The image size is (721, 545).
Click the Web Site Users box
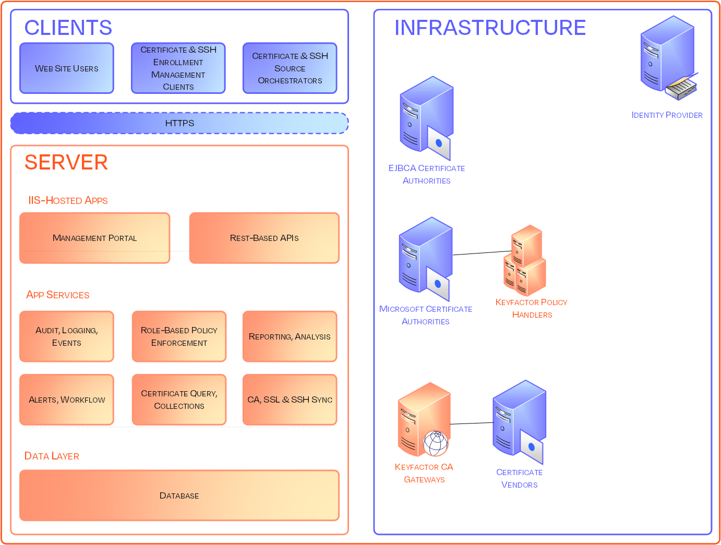(x=67, y=68)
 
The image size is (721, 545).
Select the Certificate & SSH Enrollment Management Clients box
(x=178, y=68)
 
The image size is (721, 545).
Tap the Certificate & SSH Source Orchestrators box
(x=290, y=68)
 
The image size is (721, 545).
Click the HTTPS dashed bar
(x=179, y=123)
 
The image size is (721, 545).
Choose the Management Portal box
(x=95, y=238)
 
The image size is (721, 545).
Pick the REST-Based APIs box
(x=265, y=238)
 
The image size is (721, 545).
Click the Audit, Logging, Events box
(x=67, y=336)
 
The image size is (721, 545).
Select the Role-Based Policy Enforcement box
(x=179, y=336)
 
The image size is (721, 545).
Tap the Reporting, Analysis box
(x=290, y=336)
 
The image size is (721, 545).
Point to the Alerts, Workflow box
(x=67, y=399)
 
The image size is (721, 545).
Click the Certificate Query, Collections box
(x=179, y=399)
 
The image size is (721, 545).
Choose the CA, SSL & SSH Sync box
(x=290, y=399)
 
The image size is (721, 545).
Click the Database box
(x=179, y=495)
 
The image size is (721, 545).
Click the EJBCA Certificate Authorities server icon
(x=426, y=118)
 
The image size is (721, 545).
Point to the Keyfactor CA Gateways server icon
(x=423, y=420)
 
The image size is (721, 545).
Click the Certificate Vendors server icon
(x=519, y=421)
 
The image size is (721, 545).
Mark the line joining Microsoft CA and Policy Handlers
(x=481, y=253)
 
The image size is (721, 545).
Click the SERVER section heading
(x=66, y=163)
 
